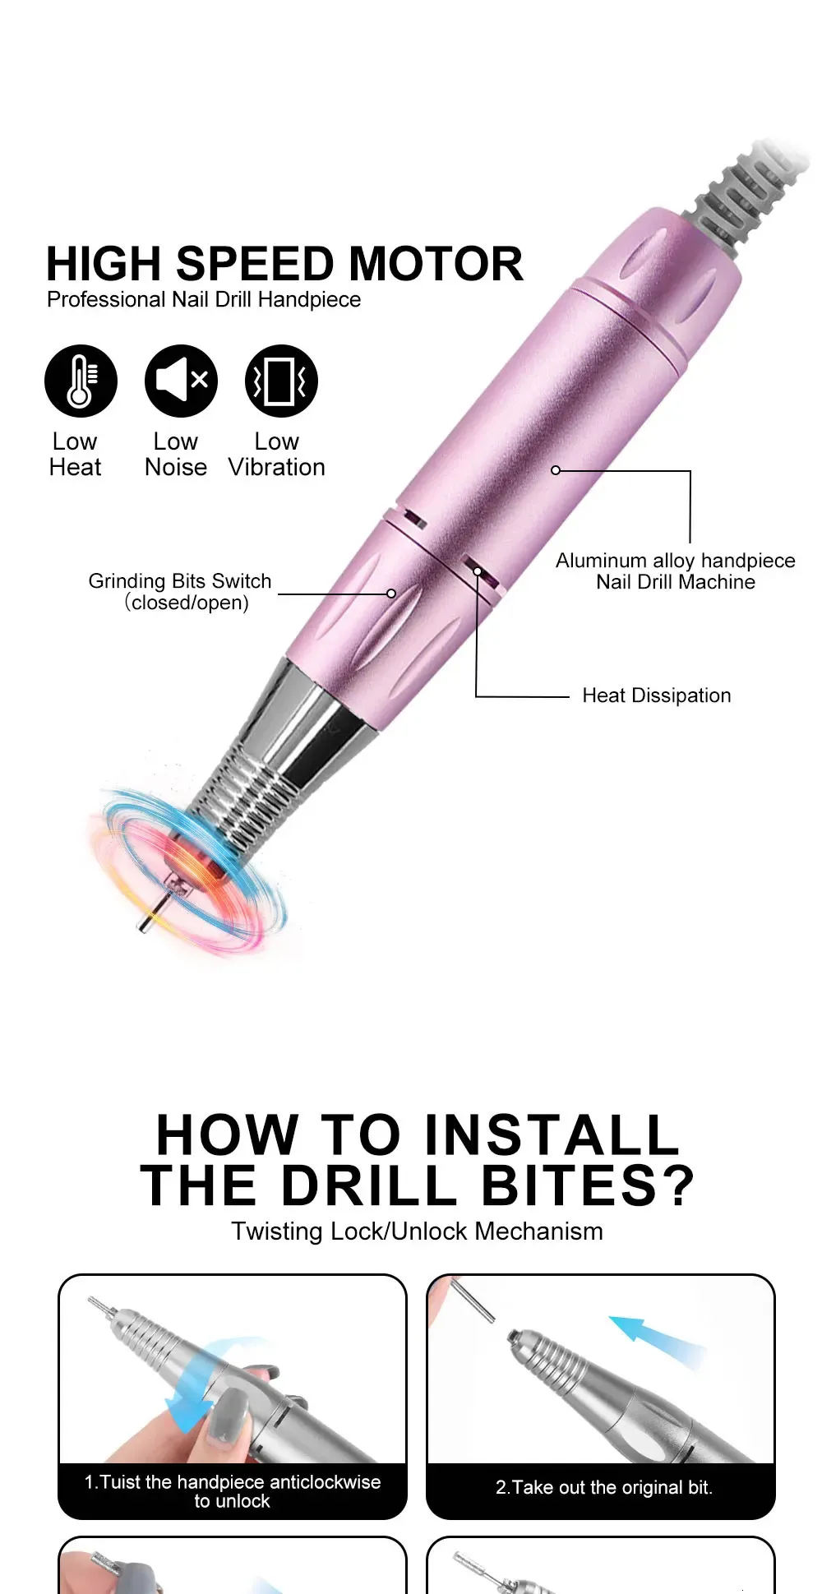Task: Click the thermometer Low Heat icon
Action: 81,381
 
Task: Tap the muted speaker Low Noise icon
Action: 181,381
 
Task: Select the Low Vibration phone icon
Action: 281,381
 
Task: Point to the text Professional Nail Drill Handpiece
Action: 204,299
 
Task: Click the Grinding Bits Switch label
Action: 180,592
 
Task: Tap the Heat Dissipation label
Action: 656,695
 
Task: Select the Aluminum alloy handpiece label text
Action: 676,561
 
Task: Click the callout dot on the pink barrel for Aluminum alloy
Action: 556,470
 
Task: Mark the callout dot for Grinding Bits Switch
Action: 391,594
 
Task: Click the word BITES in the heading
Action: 589,1185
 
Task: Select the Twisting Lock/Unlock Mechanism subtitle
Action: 417,1231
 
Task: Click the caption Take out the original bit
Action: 604,1487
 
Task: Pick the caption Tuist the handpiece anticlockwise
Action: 233,1481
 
